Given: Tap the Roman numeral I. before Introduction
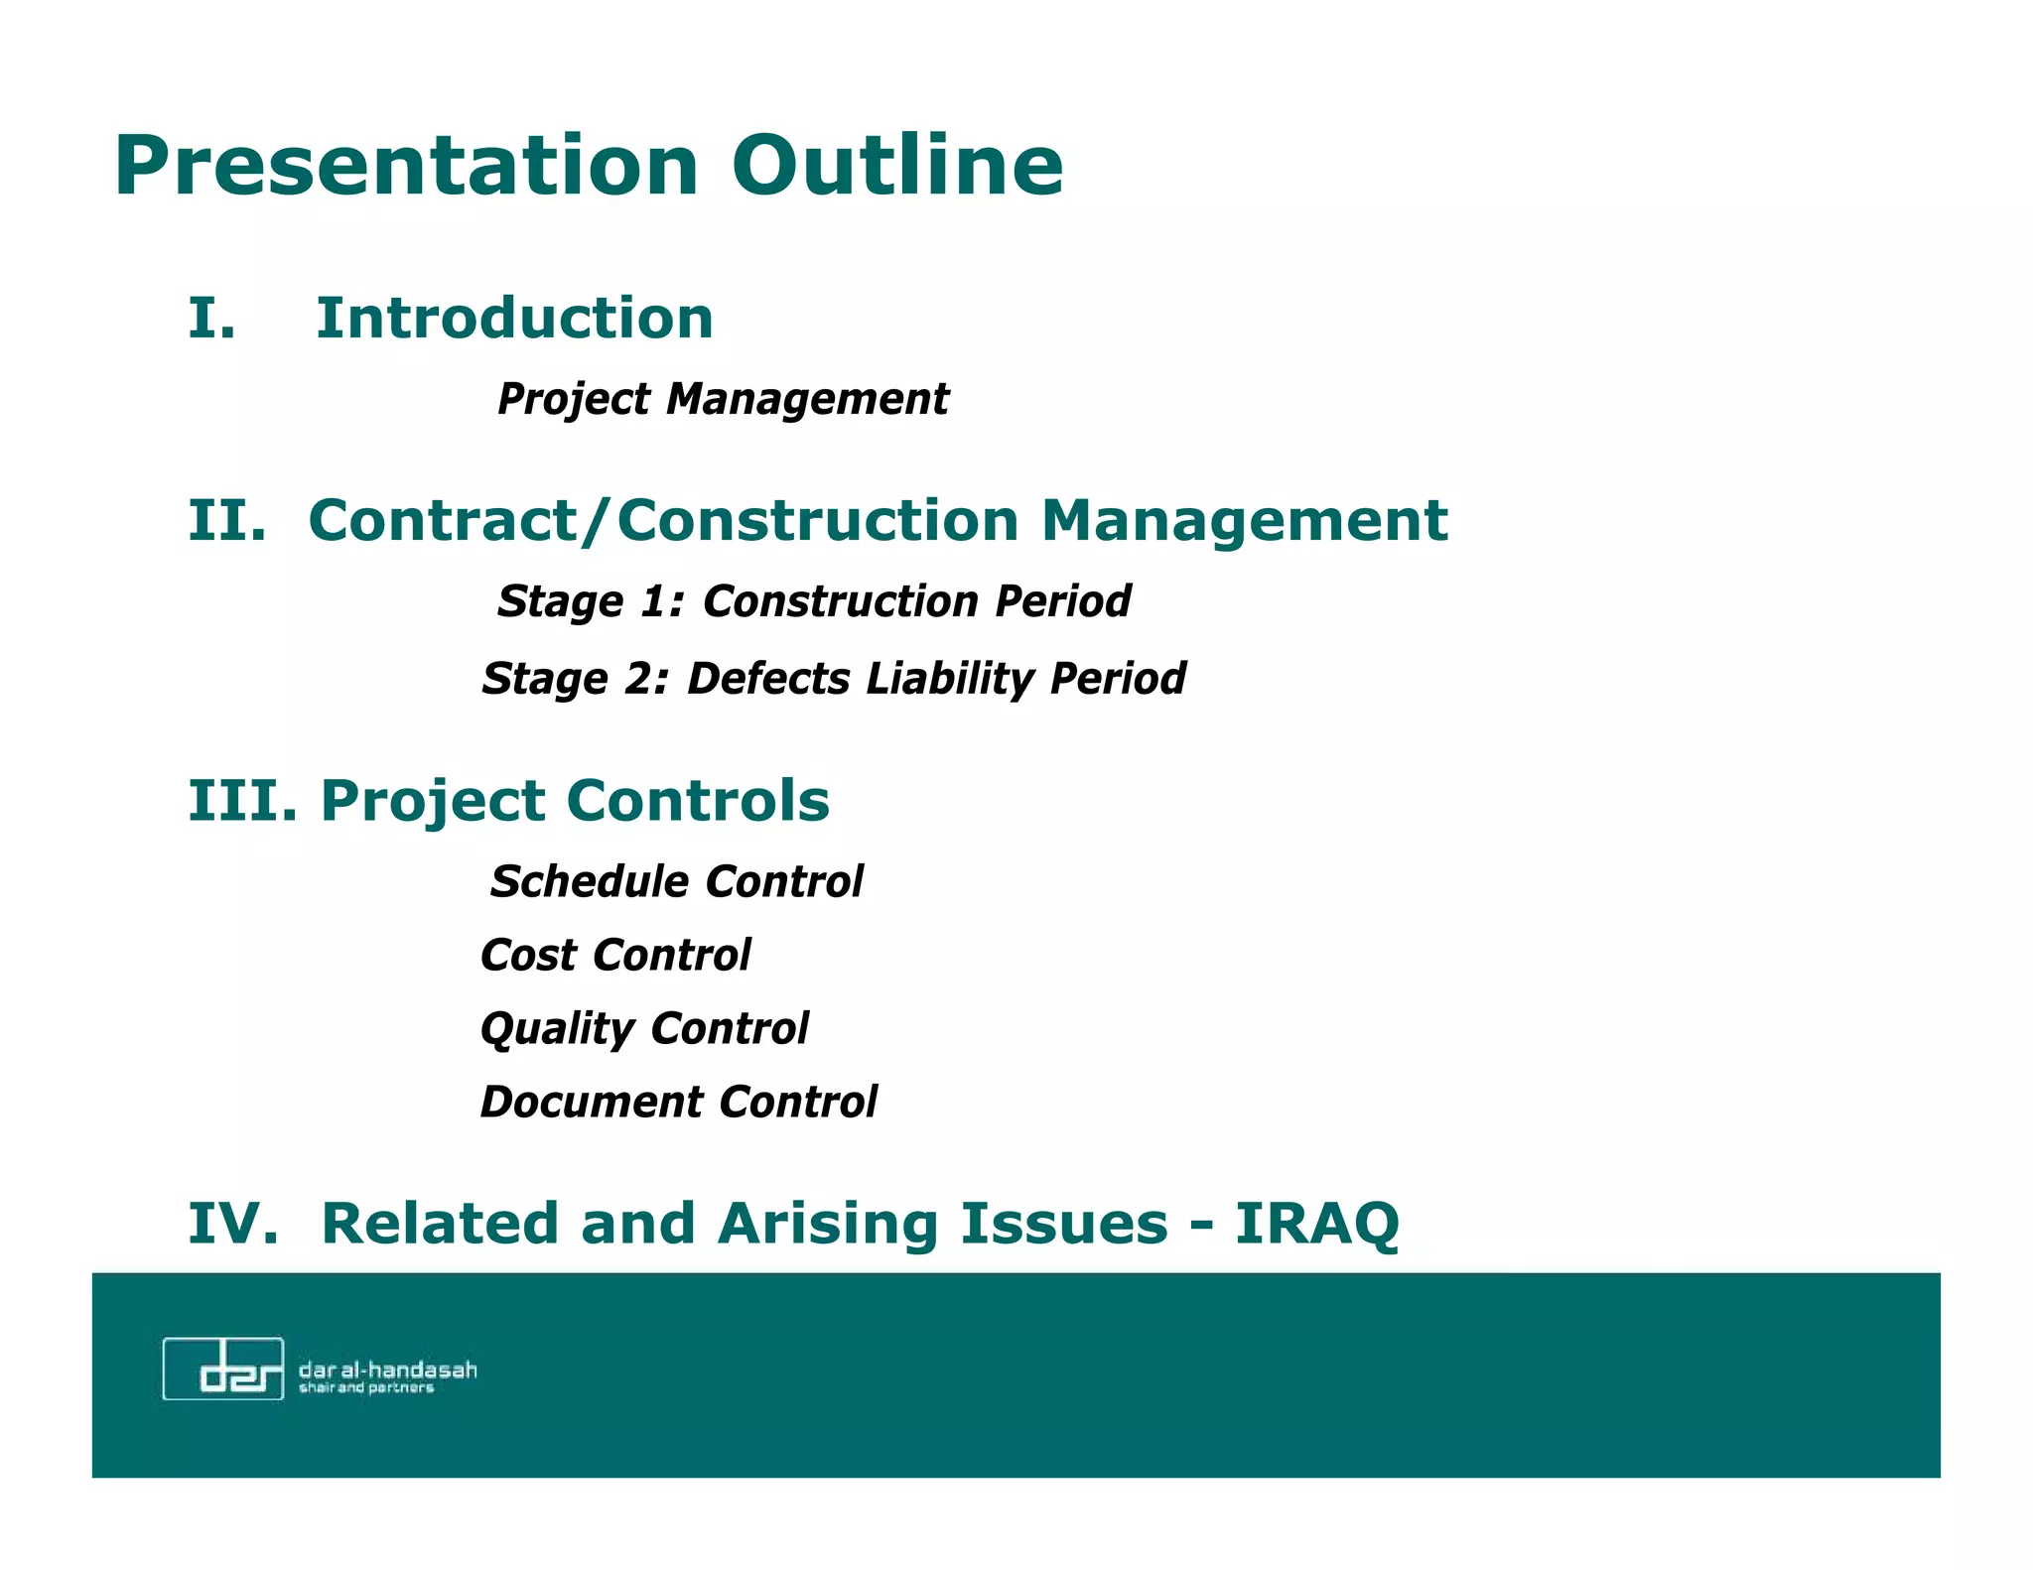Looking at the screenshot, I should click(211, 320).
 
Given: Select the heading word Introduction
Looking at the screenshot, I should click(514, 320).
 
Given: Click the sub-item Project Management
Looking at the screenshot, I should click(723, 400).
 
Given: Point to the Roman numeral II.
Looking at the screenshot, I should click(227, 521).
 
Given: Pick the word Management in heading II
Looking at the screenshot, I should click(1244, 521).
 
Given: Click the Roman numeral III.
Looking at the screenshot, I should click(242, 801).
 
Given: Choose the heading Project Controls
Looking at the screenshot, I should click(575, 801).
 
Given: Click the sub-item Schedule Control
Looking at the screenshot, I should click(677, 882).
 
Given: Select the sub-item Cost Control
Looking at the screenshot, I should click(615, 956).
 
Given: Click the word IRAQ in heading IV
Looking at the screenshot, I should click(1316, 1224).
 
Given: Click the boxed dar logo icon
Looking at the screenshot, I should click(223, 1369).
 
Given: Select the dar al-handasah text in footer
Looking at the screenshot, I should click(387, 1371).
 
